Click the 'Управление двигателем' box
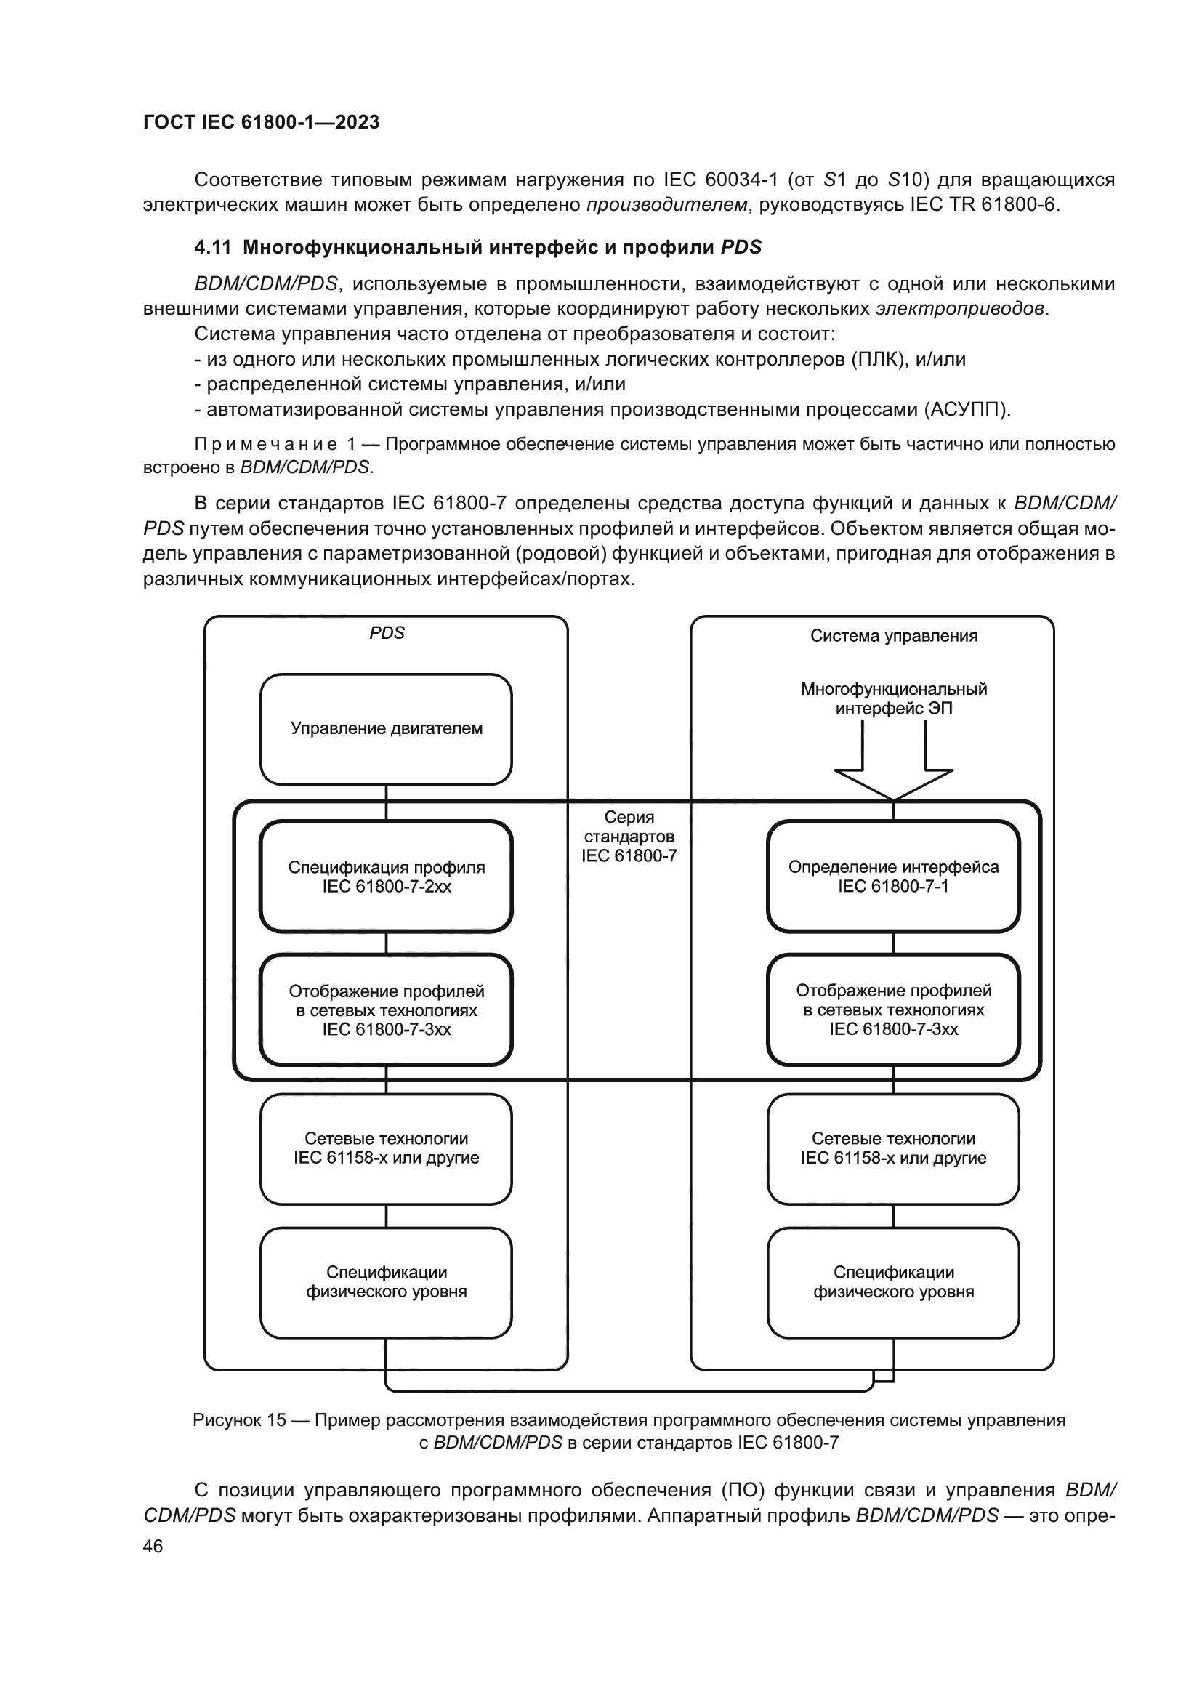pyautogui.click(x=386, y=728)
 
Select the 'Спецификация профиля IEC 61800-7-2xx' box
pyautogui.click(x=386, y=876)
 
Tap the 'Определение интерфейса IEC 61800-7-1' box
pyautogui.click(x=892, y=876)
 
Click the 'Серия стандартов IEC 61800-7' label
pyautogui.click(x=629, y=836)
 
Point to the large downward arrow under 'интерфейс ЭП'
pyautogui.click(x=892, y=770)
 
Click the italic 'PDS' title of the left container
pyautogui.click(x=387, y=633)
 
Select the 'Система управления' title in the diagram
pyautogui.click(x=893, y=636)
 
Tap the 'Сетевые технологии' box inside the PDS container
pyautogui.click(x=386, y=1148)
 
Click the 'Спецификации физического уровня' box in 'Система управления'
pyautogui.click(x=892, y=1281)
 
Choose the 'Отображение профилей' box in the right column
pyautogui.click(x=892, y=1010)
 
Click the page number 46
pyautogui.click(x=153, y=1546)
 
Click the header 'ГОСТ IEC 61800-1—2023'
pyautogui.click(x=261, y=122)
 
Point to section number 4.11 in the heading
pyautogui.click(x=212, y=247)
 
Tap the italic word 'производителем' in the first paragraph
pyautogui.click(x=666, y=205)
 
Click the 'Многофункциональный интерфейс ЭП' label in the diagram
pyautogui.click(x=893, y=698)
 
